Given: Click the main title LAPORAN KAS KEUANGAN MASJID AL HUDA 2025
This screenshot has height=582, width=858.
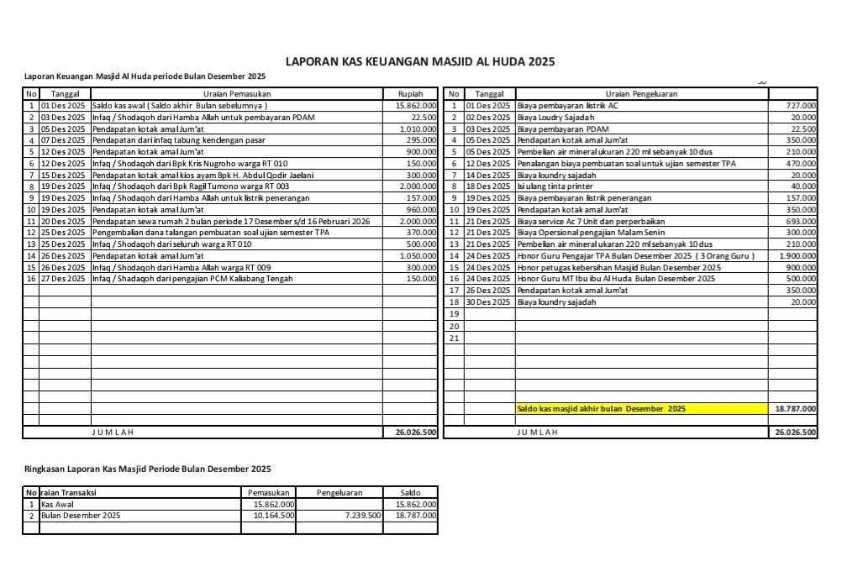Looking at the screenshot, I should point(420,61).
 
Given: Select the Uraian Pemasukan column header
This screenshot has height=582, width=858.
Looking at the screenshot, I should point(237,94).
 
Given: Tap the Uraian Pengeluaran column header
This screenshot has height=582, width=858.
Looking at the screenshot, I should point(641,94).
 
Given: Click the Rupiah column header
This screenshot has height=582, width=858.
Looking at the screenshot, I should point(410,94).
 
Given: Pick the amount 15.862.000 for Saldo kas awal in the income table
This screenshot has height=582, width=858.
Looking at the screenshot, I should point(415,106).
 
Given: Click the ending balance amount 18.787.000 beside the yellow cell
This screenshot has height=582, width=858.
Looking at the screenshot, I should point(794,409).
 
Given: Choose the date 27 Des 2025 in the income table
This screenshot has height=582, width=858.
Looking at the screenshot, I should point(63,278).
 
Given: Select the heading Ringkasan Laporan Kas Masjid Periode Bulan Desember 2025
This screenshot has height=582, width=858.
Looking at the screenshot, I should point(147,469).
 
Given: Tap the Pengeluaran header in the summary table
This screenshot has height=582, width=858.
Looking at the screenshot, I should point(340,492).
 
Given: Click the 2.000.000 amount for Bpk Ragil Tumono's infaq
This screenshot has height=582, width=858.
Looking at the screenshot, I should point(417,186).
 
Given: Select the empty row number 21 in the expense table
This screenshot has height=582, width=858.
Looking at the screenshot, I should point(454,337).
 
